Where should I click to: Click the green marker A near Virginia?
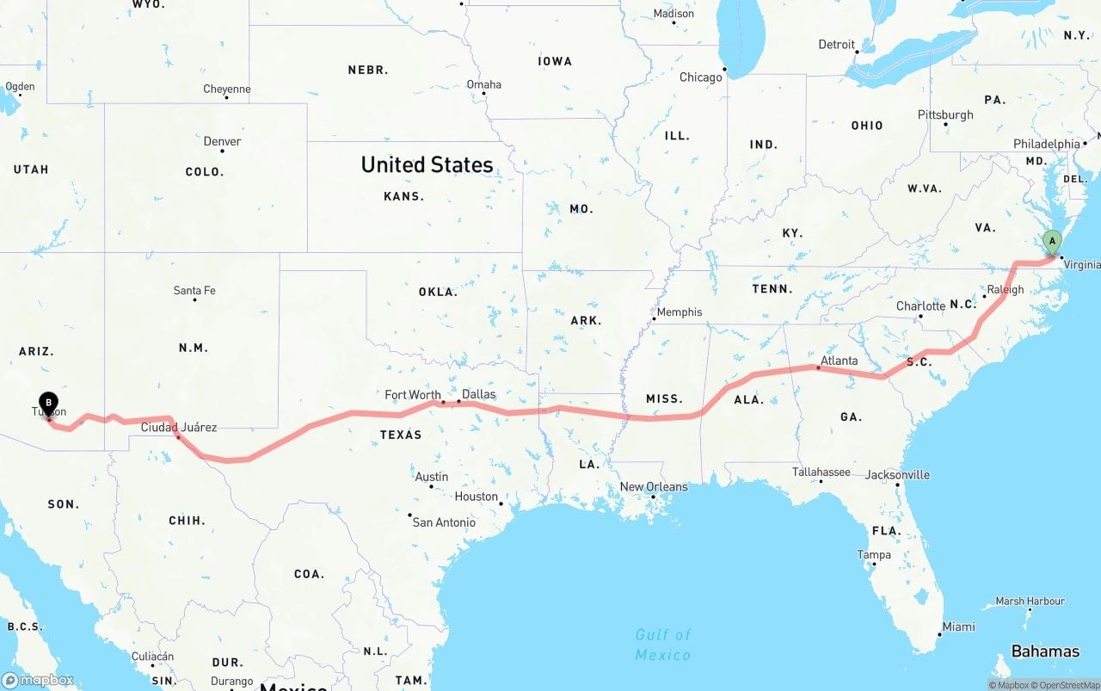(1051, 242)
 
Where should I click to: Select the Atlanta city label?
(839, 361)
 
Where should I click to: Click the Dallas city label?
(478, 394)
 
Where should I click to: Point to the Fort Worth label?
(413, 395)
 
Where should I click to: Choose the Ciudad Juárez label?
(179, 427)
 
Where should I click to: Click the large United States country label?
(427, 164)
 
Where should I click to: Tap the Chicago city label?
(701, 77)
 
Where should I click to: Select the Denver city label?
(222, 141)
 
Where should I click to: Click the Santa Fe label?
(194, 291)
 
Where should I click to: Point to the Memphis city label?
(680, 312)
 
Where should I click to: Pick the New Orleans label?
(654, 487)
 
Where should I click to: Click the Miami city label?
(958, 626)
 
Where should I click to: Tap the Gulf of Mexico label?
(663, 645)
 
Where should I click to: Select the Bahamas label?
(1045, 651)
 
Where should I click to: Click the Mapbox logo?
(38, 680)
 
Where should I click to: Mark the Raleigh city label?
(1006, 289)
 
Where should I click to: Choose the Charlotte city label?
(920, 306)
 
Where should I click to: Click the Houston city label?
(477, 497)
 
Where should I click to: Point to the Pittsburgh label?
(945, 114)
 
